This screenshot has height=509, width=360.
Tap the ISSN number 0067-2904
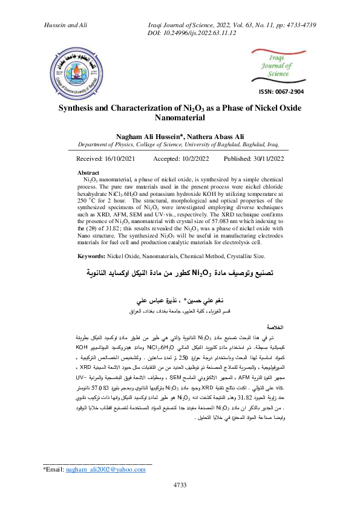(x=281, y=92)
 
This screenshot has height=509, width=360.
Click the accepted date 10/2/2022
(x=191, y=158)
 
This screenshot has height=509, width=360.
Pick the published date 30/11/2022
(x=267, y=158)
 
